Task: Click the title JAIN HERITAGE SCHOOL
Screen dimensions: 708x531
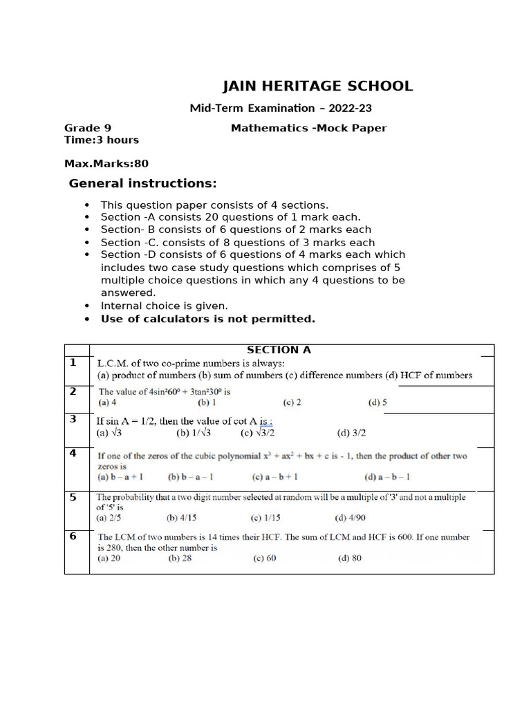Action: (317, 86)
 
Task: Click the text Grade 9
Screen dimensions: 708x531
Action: (88, 128)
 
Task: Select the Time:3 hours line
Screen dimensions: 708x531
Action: (102, 140)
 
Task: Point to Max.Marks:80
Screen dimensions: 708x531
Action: (106, 164)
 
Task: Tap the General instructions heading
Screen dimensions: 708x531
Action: (142, 184)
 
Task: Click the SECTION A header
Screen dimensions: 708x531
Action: (279, 350)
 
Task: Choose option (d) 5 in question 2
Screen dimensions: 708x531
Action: (378, 402)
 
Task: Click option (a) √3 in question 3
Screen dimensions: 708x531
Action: (109, 434)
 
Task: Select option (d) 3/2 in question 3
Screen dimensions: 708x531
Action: (351, 434)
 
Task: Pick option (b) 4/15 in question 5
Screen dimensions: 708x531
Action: (182, 517)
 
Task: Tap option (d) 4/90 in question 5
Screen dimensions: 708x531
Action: (350, 517)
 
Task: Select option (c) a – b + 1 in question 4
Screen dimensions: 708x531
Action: (275, 477)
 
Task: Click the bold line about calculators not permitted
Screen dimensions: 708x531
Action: (207, 319)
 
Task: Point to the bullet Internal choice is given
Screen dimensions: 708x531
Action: (164, 306)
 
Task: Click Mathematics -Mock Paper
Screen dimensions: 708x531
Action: (308, 128)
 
